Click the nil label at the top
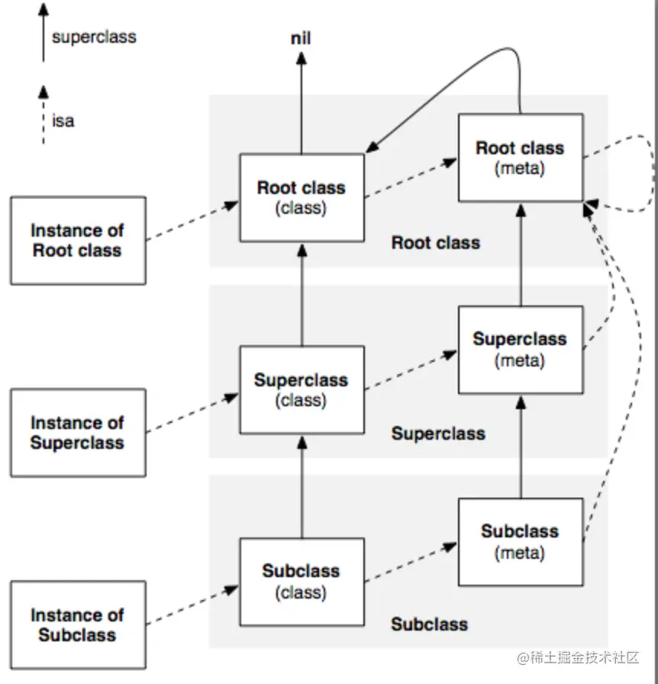click(302, 38)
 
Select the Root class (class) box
click(302, 197)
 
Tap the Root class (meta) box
click(521, 157)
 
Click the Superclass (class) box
click(302, 389)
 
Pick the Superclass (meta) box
click(521, 349)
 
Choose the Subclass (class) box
click(302, 581)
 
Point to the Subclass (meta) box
click(521, 541)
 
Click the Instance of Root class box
click(77, 240)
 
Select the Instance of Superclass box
click(77, 432)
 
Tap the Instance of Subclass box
click(77, 624)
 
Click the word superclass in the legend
click(94, 37)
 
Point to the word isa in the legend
click(63, 121)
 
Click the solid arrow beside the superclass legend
click(44, 34)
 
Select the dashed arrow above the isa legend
click(44, 115)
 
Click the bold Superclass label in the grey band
click(438, 434)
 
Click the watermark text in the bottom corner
click(577, 657)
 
